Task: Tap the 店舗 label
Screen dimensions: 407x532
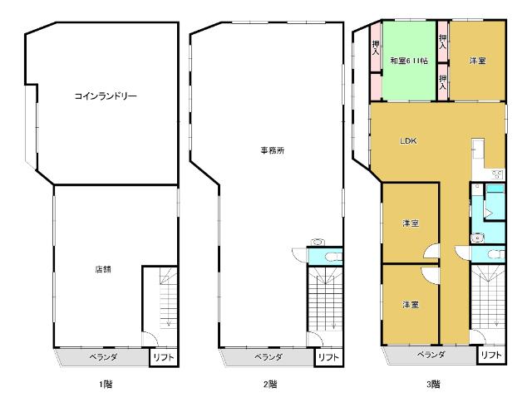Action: pyautogui.click(x=102, y=268)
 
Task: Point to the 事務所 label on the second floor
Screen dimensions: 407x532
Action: pyautogui.click(x=273, y=150)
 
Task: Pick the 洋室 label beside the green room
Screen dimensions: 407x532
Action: pyautogui.click(x=477, y=61)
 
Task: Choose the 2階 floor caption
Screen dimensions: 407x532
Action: pyautogui.click(x=270, y=384)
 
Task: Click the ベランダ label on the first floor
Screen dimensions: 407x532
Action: pyautogui.click(x=103, y=357)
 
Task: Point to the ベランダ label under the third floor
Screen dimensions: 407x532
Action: pyautogui.click(x=431, y=355)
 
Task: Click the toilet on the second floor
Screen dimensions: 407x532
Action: pyautogui.click(x=319, y=243)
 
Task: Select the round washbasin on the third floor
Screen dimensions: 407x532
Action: pyautogui.click(x=475, y=238)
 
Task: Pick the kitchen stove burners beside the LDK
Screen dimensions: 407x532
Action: pyautogui.click(x=498, y=174)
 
